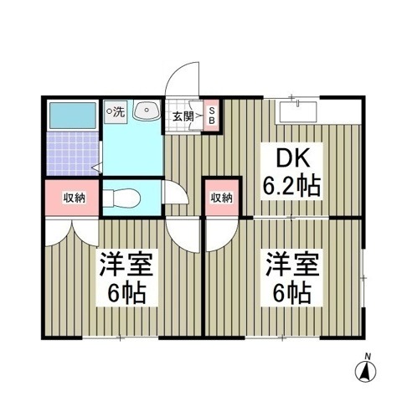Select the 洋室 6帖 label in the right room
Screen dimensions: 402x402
(292, 277)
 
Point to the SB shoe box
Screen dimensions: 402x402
(212, 116)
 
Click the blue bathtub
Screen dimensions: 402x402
(73, 116)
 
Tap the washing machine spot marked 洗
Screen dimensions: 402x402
(116, 112)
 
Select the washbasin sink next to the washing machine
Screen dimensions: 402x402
(147, 110)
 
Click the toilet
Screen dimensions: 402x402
(121, 198)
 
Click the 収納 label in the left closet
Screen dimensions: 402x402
(75, 198)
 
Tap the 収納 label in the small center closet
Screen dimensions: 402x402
(221, 198)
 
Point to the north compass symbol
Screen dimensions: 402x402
(365, 372)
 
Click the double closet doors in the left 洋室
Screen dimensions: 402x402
(72, 233)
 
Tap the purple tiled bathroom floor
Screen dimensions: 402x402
(73, 153)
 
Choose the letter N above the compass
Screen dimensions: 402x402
(368, 356)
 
